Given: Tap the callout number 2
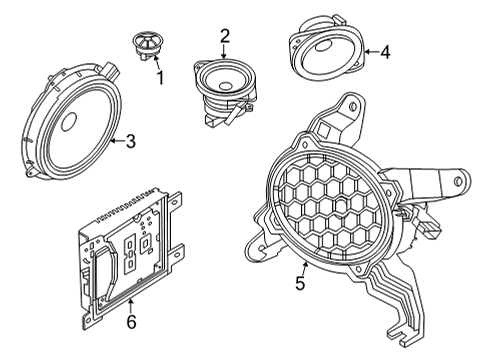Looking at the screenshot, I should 225,37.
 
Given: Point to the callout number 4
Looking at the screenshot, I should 386,51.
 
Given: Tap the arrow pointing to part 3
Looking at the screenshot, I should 115,141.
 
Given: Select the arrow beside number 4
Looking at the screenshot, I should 369,51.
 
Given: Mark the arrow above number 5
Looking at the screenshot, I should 303,265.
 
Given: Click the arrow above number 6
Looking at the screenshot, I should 131,303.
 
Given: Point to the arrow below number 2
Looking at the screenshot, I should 225,52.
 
